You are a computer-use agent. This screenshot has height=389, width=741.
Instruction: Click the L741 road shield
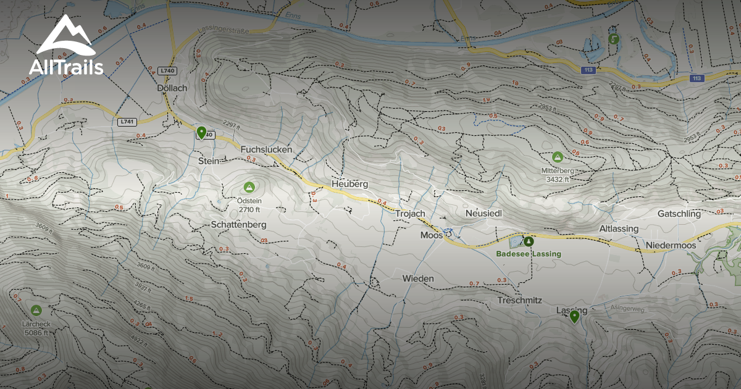pos(126,122)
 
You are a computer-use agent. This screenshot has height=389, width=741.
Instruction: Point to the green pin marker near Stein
pos(201,132)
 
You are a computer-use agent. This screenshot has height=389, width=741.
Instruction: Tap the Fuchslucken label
pos(266,149)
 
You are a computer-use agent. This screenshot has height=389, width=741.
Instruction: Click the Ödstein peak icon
pos(249,187)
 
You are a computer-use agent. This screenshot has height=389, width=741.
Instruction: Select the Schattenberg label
pos(238,225)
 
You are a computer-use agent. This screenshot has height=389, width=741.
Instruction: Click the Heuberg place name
pos(350,184)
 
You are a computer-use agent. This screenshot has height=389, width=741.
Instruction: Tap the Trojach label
pos(410,214)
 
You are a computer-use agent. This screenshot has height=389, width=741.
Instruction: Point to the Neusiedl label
pos(484,213)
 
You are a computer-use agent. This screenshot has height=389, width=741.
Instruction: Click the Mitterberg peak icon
pos(558,157)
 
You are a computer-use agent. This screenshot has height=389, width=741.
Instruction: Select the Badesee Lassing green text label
pos(529,254)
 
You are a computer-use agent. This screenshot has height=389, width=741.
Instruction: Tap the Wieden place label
pos(418,278)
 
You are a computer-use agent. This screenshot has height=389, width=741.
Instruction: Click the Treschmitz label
pos(519,301)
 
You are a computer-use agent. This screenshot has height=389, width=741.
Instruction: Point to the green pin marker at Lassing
pos(575,317)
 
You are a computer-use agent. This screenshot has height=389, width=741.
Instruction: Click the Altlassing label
pos(619,228)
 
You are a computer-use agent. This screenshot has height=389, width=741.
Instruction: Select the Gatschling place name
pos(679,214)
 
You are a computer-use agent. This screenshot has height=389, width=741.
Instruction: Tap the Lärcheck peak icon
pos(36,310)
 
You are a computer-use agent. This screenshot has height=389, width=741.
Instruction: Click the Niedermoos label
pos(671,245)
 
